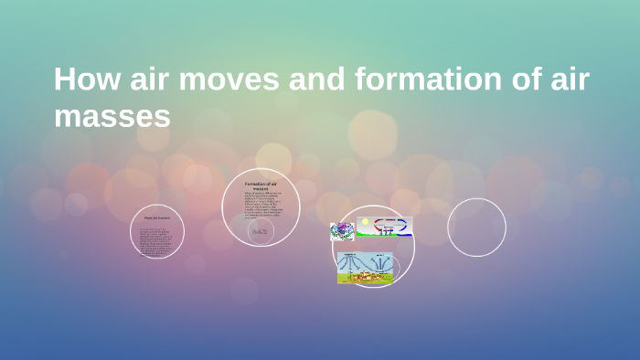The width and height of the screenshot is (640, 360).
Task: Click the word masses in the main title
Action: pyautogui.click(x=112, y=116)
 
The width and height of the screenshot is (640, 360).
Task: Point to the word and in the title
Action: pyautogui.click(x=316, y=79)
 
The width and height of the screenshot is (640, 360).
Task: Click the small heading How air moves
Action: pyautogui.click(x=156, y=218)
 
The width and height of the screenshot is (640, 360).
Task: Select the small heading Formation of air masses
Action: pyautogui.click(x=261, y=186)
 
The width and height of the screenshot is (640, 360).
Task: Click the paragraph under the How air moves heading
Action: pyautogui.click(x=156, y=238)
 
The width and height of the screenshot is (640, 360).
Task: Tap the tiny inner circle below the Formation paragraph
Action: pyautogui.click(x=261, y=233)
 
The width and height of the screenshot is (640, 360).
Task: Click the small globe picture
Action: pyautogui.click(x=342, y=231)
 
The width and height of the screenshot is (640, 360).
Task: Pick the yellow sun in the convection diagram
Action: pyautogui.click(x=364, y=222)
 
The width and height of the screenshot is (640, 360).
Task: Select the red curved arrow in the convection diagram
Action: pyautogui.click(x=380, y=224)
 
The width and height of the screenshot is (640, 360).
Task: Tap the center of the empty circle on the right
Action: pyautogui.click(x=476, y=228)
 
